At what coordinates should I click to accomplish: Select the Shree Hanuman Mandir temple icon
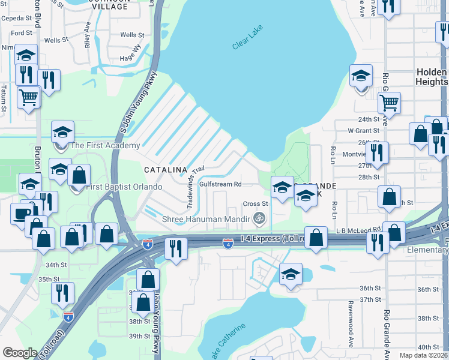259,218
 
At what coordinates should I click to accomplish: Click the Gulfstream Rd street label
220,184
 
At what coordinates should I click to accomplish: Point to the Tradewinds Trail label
194,187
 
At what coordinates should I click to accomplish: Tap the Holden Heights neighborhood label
431,77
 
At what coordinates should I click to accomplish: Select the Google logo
20,353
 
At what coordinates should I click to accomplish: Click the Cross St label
255,204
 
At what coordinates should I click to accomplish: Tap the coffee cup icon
23,214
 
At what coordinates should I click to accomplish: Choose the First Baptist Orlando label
124,187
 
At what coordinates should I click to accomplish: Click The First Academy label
105,145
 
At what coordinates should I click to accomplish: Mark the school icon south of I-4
291,275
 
